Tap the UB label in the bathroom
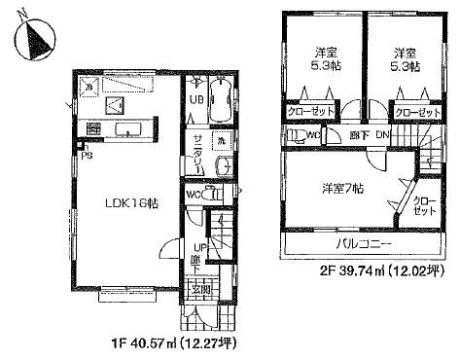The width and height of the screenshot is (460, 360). pyautogui.click(x=195, y=100)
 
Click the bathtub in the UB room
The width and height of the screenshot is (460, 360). pyautogui.click(x=218, y=100)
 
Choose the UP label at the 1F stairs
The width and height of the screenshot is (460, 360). pyautogui.click(x=196, y=246)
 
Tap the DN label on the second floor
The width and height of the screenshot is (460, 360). pyautogui.click(x=382, y=135)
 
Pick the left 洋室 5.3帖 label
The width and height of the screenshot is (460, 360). pyautogui.click(x=320, y=59)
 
